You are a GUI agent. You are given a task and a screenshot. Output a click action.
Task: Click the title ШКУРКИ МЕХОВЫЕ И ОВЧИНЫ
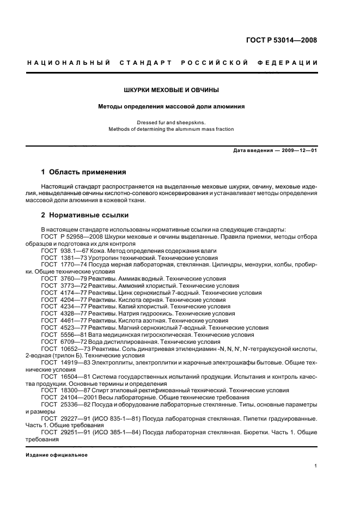point(172,89)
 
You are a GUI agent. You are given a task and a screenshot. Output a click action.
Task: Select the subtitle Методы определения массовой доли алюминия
point(172,106)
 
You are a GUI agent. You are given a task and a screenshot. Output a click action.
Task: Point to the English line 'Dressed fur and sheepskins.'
point(172,123)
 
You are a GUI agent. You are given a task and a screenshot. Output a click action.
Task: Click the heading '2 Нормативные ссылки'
point(85,214)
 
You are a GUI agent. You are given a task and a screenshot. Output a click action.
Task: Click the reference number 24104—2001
point(77,398)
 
